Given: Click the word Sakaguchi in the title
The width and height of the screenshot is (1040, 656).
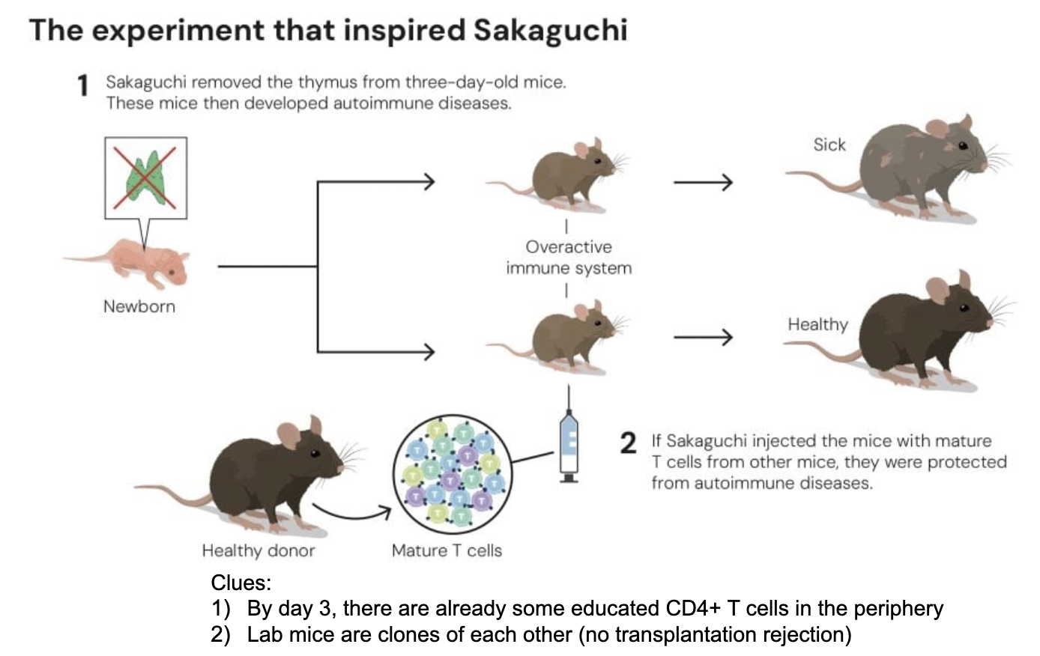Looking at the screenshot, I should click(x=550, y=30).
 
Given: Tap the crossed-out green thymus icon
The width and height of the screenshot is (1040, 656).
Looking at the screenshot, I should click(x=145, y=177).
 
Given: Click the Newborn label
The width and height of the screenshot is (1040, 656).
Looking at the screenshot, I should click(x=139, y=306).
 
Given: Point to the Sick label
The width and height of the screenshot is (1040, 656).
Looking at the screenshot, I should click(x=829, y=145).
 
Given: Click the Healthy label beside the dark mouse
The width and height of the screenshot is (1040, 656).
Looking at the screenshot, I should click(x=817, y=324).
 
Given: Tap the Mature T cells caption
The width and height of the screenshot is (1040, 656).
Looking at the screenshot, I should click(x=447, y=550).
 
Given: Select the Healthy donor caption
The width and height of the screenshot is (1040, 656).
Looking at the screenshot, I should click(x=259, y=550).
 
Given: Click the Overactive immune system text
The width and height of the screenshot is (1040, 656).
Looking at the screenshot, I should click(x=569, y=257).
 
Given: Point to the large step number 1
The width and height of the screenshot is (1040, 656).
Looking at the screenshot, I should click(x=83, y=86).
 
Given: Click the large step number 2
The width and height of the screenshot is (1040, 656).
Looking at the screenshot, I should click(x=628, y=443).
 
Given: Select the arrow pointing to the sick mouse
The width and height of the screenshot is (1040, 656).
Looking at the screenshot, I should click(x=702, y=182).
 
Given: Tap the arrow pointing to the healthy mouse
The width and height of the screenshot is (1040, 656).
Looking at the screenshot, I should click(x=702, y=338).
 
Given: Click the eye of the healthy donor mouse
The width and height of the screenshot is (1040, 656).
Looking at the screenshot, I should click(x=315, y=453).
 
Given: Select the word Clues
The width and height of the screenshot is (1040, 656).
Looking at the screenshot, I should click(x=241, y=583).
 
